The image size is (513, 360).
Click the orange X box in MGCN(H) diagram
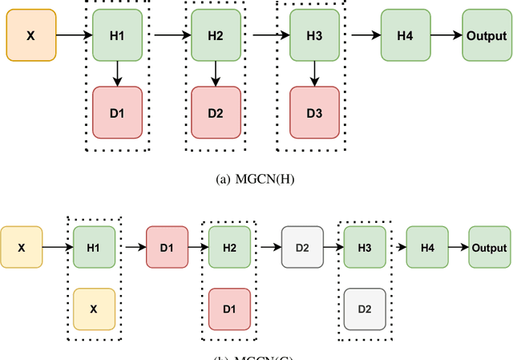click(31, 35)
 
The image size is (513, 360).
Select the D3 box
click(314, 112)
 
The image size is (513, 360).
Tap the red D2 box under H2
click(216, 112)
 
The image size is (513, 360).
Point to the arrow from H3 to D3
click(314, 73)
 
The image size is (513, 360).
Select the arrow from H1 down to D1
click(117, 73)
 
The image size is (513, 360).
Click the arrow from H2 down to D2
click(216, 73)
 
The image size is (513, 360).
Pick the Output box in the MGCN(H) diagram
click(486, 35)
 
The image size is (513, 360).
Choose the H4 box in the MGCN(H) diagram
click(406, 35)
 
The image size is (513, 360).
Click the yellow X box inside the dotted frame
click(94, 309)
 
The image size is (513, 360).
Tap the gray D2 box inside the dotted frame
click(365, 309)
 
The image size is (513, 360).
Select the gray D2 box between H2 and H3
click(302, 247)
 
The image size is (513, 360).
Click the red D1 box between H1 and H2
click(167, 247)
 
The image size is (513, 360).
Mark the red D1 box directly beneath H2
click(229, 309)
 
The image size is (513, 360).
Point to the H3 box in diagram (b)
click(365, 247)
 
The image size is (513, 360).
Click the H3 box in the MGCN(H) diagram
click(314, 35)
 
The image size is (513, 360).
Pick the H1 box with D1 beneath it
click(117, 35)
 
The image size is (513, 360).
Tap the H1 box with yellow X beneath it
click(94, 247)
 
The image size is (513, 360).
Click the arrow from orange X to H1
click(71, 35)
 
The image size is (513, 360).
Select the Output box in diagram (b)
click(489, 247)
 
